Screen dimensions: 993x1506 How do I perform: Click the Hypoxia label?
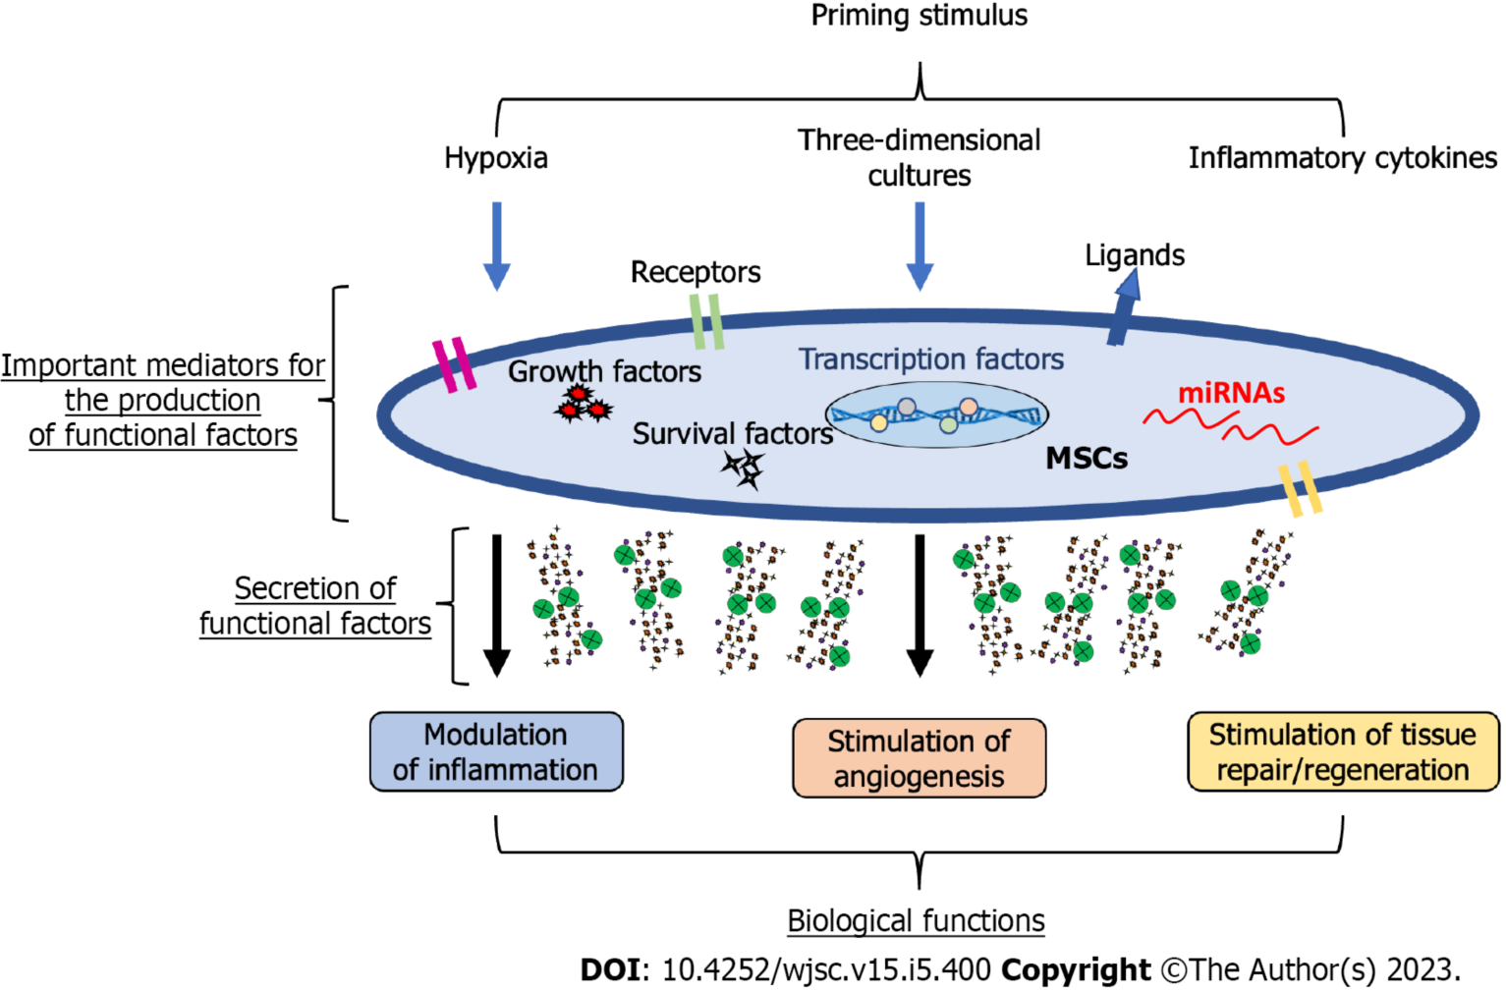496,158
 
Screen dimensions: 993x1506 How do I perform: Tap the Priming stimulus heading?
920,16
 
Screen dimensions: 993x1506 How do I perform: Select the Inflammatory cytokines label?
1342,158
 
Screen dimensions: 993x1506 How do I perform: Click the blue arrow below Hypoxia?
497,246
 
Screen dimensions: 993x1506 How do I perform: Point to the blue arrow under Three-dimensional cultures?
920,246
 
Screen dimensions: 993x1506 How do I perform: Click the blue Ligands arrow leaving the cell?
1124,307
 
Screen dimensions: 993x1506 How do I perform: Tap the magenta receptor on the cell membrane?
454,365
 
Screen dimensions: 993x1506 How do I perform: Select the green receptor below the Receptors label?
707,321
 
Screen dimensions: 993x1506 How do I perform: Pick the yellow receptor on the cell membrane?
1300,488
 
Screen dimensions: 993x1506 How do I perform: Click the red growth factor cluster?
582,404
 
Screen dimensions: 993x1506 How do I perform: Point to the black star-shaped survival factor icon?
745,469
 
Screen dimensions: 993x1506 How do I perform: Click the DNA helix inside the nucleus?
936,415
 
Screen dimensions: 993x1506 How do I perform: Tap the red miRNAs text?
1231,393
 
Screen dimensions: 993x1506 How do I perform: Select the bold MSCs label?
1087,459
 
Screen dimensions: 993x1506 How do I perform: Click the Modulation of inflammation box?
496,752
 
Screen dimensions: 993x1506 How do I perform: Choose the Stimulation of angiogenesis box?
919,758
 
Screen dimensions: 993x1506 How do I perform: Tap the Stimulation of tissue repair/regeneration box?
1343,752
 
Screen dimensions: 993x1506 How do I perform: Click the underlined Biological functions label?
916,921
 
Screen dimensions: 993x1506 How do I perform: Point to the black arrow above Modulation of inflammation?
497,605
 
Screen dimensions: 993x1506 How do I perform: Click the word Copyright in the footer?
1076,970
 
